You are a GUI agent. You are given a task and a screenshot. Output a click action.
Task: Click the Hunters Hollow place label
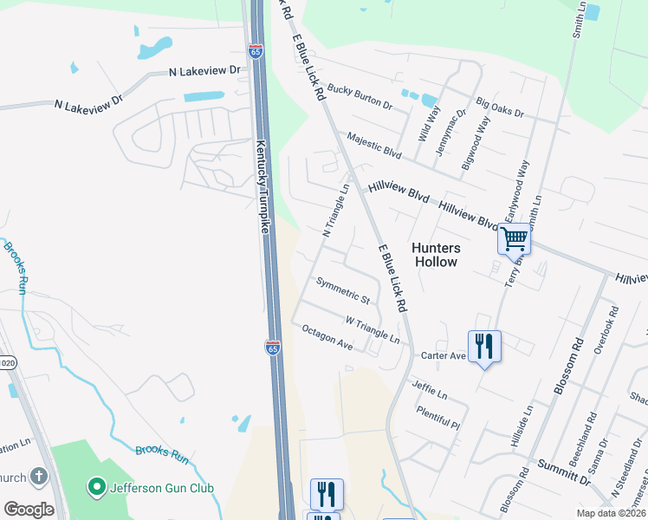[x=436, y=255]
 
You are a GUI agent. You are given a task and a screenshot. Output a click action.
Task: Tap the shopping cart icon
[x=515, y=237]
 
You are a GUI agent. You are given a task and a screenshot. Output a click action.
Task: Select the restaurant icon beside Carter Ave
[x=484, y=347]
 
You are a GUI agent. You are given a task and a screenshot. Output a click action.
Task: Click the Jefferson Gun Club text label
[x=162, y=488]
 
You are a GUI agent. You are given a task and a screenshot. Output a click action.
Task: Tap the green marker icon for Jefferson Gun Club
[x=96, y=488]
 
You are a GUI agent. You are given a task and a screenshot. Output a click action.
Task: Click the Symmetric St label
[x=343, y=290]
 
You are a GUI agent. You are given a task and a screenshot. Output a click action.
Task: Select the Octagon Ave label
[x=327, y=337]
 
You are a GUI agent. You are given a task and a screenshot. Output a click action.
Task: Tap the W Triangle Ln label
[x=373, y=329]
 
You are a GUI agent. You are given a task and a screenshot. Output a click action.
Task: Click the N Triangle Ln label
[x=336, y=210]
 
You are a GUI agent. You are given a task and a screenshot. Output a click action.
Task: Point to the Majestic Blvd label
[x=374, y=145]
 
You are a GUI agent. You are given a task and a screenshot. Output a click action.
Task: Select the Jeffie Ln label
[x=430, y=388]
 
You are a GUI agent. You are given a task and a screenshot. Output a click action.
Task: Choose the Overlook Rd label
[x=605, y=330]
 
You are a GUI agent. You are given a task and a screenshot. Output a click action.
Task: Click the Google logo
[x=29, y=509]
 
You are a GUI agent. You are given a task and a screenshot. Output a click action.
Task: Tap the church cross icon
[x=38, y=476]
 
